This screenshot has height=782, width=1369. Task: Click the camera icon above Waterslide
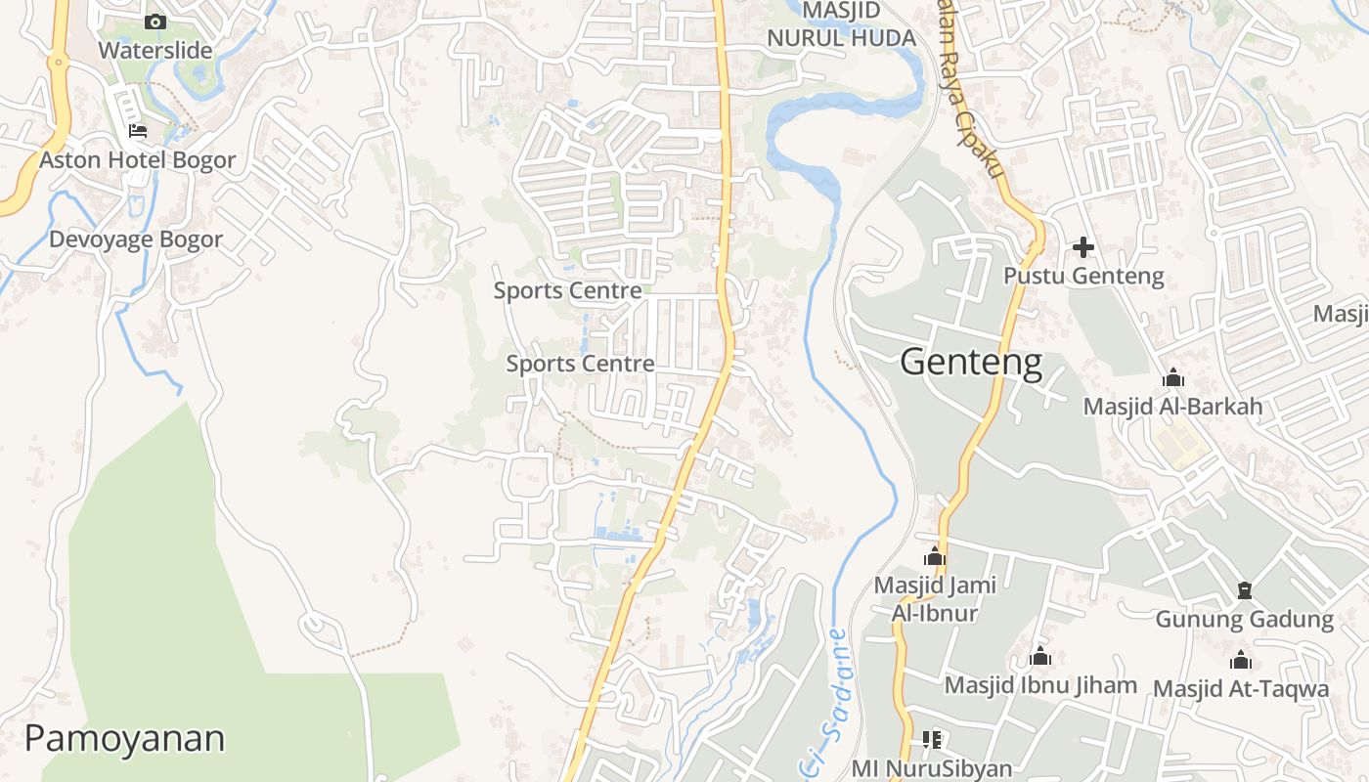(x=155, y=22)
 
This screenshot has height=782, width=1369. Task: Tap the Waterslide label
(x=155, y=49)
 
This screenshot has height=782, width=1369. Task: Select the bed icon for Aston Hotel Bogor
(x=138, y=130)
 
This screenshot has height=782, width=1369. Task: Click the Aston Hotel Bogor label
(x=137, y=159)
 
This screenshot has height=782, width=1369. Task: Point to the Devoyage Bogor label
(x=136, y=239)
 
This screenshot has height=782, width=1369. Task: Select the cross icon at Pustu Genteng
(x=1083, y=247)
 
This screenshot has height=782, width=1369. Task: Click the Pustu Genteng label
(x=1083, y=276)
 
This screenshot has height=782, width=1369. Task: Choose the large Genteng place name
(x=971, y=363)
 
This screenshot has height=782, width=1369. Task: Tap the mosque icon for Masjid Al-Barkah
(x=1173, y=378)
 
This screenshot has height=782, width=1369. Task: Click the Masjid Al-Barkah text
(x=1172, y=406)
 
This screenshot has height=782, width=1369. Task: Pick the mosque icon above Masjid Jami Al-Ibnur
(x=935, y=557)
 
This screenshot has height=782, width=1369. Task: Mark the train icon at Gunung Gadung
(x=1244, y=590)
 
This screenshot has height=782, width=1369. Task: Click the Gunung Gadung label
(x=1244, y=619)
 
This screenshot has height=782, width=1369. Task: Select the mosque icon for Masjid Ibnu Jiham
(x=1040, y=656)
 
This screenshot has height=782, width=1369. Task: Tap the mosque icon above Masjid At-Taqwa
(x=1241, y=661)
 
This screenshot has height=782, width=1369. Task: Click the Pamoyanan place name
(x=124, y=738)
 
